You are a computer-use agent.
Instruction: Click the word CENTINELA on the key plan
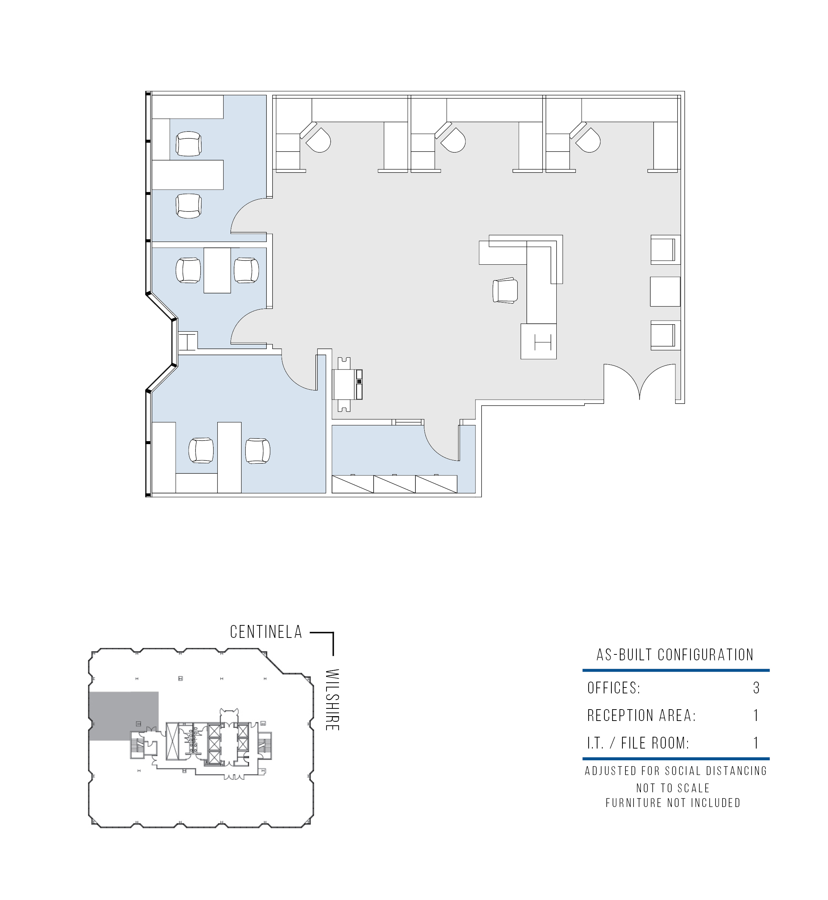click(266, 632)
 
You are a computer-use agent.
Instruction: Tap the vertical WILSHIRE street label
click(332, 700)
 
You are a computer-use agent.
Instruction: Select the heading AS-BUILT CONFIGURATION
click(675, 655)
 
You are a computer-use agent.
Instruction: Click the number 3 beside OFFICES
click(756, 687)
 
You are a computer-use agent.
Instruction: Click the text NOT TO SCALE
click(673, 788)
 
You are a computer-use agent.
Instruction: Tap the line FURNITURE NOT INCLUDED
click(673, 803)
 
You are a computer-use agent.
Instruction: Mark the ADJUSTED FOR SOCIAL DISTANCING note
click(676, 771)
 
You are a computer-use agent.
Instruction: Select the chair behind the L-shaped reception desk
click(506, 290)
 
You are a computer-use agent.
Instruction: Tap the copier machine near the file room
click(347, 384)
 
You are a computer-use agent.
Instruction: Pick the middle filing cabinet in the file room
click(394, 484)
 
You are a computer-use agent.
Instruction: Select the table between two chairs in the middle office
click(217, 270)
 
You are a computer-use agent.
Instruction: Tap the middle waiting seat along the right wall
click(665, 292)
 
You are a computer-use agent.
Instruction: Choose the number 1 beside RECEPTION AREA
click(756, 715)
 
